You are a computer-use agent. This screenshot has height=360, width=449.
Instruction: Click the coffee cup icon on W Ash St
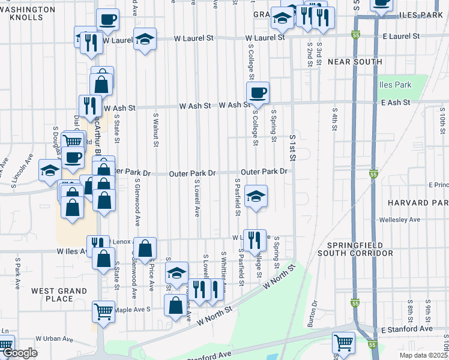coord(258,92)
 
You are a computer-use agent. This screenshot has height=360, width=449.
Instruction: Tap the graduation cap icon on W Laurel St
coord(145,39)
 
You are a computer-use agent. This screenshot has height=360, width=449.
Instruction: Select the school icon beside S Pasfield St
coord(256,196)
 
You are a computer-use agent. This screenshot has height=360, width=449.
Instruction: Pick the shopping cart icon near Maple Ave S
coord(104,311)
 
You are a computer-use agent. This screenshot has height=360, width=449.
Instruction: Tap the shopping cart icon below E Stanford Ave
coord(343,343)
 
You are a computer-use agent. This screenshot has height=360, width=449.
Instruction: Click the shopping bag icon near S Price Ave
coord(145,248)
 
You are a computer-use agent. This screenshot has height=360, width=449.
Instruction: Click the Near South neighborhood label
coord(355,62)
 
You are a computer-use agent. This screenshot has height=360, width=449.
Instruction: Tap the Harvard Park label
coord(418,203)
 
